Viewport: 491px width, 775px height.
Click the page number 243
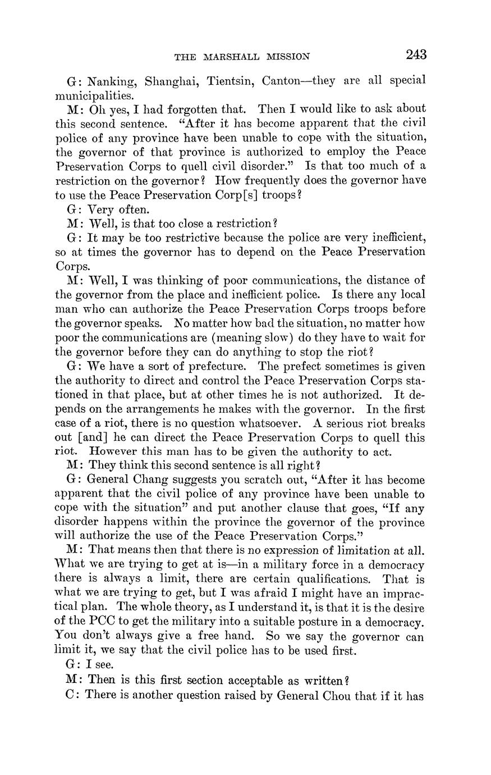415,55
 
